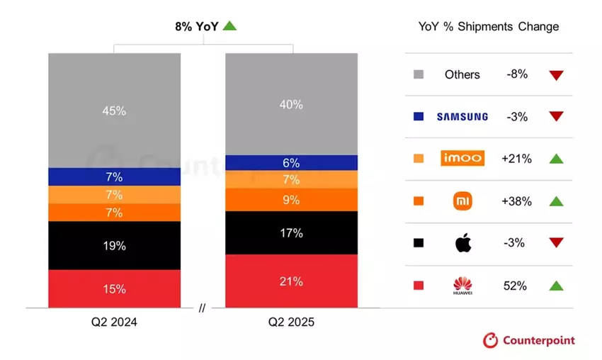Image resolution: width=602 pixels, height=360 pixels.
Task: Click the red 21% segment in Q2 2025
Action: click(x=291, y=281)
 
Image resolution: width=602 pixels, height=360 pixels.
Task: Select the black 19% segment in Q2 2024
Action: click(x=114, y=246)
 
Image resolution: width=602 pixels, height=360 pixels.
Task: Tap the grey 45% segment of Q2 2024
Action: click(x=114, y=111)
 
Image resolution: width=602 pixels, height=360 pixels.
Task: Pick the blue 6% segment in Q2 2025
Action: click(x=291, y=162)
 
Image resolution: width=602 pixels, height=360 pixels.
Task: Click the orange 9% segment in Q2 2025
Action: click(x=291, y=200)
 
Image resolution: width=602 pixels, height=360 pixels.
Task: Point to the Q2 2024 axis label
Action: click(x=114, y=322)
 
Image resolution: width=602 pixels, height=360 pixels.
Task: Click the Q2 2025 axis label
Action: click(x=291, y=322)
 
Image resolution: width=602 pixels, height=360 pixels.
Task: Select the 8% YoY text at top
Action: click(x=196, y=26)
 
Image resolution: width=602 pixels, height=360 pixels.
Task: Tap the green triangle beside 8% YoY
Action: click(x=229, y=26)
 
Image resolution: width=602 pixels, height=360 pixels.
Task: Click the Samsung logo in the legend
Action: click(x=462, y=116)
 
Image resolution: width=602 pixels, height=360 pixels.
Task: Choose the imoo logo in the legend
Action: click(x=462, y=159)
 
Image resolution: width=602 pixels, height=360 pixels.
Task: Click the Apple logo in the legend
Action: click(x=462, y=243)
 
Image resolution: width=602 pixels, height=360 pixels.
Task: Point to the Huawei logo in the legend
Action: click(x=462, y=286)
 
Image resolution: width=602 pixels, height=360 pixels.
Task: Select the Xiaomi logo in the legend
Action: click(x=462, y=201)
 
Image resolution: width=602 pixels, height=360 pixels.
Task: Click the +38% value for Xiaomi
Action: click(x=516, y=201)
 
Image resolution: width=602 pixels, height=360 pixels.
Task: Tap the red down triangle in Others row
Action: click(x=556, y=75)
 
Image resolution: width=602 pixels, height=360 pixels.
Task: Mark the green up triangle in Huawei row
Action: click(x=556, y=286)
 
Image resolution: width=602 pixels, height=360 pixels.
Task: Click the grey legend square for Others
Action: click(x=419, y=74)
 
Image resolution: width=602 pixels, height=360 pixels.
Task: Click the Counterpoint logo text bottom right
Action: click(x=538, y=341)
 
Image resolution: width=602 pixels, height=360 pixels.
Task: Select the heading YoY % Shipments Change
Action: click(x=489, y=27)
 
